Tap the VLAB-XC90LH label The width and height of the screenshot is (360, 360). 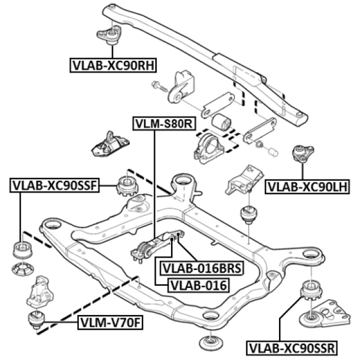(x=308, y=186)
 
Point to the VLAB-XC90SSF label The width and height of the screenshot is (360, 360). (x=54, y=184)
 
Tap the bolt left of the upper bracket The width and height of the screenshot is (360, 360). (x=159, y=86)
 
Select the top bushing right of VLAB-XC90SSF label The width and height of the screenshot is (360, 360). (x=127, y=185)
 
